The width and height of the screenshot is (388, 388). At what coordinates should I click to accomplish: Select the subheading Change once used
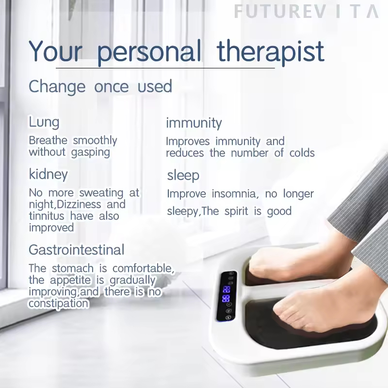click(x=100, y=87)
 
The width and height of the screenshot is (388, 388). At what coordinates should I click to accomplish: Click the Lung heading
click(x=44, y=122)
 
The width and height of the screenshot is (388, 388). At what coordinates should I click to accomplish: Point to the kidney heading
click(x=48, y=174)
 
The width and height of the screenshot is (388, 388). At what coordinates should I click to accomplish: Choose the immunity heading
click(x=194, y=123)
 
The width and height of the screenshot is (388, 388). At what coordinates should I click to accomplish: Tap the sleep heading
click(x=183, y=175)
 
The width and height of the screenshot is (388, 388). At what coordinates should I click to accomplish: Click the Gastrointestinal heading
click(x=76, y=250)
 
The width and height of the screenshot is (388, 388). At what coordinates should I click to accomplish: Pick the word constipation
click(x=58, y=304)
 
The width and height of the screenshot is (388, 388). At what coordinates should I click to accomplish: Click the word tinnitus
click(x=47, y=216)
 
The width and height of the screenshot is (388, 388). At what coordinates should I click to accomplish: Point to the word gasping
click(x=90, y=152)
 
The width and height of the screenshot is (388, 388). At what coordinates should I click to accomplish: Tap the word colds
click(x=301, y=153)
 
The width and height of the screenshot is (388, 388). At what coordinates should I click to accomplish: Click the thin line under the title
click(x=165, y=68)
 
